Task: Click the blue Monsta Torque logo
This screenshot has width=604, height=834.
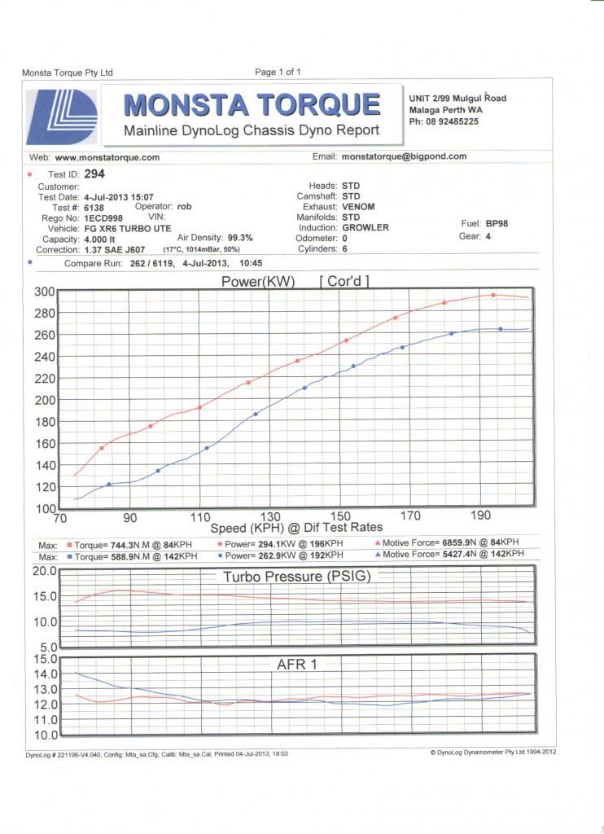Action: [x=62, y=117]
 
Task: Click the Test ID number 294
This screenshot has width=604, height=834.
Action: [x=94, y=174]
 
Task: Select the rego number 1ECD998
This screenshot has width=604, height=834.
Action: [x=103, y=218]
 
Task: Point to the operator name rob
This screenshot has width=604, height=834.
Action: [x=184, y=206]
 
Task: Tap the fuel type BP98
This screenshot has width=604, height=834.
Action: [x=497, y=223]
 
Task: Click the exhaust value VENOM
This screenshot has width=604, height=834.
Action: [x=358, y=206]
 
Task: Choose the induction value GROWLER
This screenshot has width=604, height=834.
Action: [x=365, y=227]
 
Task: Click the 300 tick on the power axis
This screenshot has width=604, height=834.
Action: [x=45, y=292]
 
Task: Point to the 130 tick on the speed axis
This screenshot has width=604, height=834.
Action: [x=269, y=516]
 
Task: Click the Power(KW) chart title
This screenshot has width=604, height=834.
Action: [x=258, y=281]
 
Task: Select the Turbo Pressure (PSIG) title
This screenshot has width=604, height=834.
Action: [x=296, y=577]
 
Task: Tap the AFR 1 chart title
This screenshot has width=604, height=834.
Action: [x=296, y=665]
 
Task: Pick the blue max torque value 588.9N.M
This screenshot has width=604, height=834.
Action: [x=129, y=556]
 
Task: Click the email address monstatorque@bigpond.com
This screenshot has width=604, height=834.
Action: [x=404, y=156]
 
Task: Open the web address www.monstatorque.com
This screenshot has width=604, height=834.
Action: [x=107, y=157]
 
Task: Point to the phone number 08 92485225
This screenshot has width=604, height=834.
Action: [x=452, y=121]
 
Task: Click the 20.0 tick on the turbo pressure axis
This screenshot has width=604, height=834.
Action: [x=45, y=571]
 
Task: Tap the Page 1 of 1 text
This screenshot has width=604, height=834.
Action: [x=278, y=72]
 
